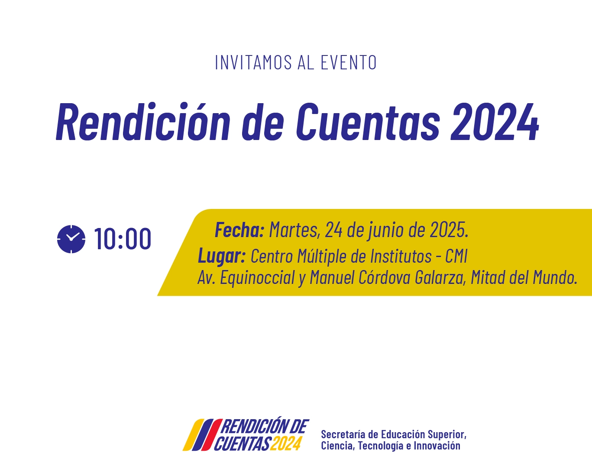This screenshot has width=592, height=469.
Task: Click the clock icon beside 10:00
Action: click(x=71, y=239)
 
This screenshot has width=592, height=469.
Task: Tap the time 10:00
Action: click(x=123, y=239)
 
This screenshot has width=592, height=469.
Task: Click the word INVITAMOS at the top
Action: click(x=253, y=62)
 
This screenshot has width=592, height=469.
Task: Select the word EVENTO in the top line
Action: click(x=349, y=62)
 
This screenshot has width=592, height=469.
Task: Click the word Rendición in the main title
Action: click(x=143, y=121)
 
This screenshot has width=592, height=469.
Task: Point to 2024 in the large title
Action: click(x=494, y=121)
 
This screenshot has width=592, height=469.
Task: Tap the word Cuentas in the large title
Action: click(x=368, y=121)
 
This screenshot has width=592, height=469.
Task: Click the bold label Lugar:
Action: click(x=222, y=257)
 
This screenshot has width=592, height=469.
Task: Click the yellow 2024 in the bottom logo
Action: click(x=285, y=444)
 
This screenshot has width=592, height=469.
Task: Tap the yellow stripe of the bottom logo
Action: click(x=194, y=435)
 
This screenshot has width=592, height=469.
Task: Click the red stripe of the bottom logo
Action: click(x=212, y=435)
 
